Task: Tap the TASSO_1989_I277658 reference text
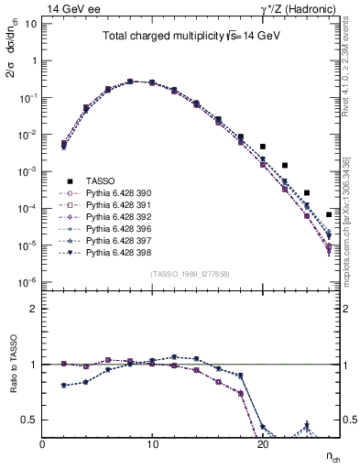coord(191,274)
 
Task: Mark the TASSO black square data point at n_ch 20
coord(263,147)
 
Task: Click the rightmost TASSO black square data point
coord(329,214)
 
